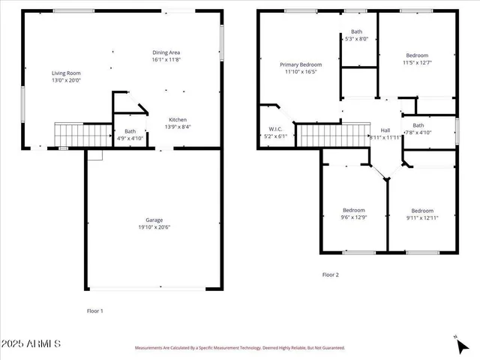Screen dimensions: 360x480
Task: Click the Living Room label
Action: [66, 73]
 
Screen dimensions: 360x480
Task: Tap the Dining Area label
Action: [166, 52]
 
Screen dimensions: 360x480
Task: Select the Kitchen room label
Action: [178, 120]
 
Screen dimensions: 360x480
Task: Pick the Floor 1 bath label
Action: [130, 131]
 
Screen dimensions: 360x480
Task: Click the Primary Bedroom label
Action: [300, 65]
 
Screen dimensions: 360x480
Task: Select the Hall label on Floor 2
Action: [385, 130]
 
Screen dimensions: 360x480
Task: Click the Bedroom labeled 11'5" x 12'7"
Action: [417, 55]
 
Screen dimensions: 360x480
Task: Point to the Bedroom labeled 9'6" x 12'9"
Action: [354, 209]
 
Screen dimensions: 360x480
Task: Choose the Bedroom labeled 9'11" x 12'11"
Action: [422, 211]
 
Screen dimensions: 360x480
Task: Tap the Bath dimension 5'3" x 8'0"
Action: [357, 39]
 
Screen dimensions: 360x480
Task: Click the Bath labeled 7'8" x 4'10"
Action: [418, 133]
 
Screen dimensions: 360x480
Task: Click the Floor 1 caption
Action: [95, 310]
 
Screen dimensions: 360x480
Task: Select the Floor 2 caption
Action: [331, 275]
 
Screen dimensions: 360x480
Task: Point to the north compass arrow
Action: [460, 346]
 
